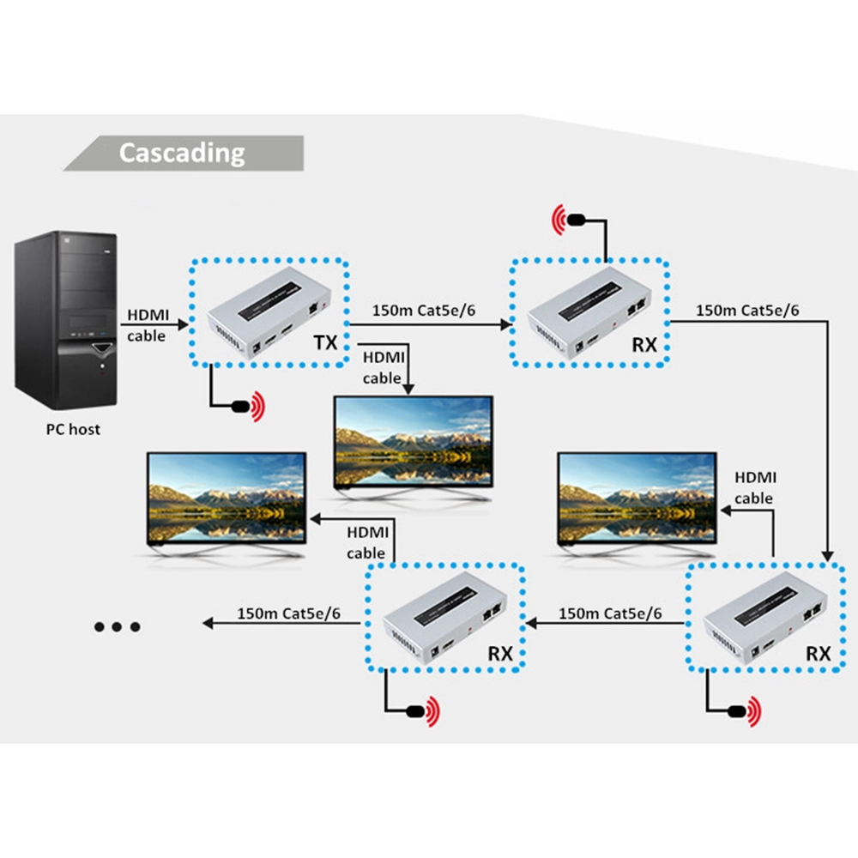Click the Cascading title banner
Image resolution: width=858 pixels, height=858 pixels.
pyautogui.click(x=182, y=153)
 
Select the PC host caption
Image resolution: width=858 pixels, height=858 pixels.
pyautogui.click(x=73, y=429)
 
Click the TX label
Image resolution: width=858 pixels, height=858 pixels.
pyautogui.click(x=325, y=344)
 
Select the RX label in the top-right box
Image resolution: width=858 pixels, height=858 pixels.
pyautogui.click(x=644, y=345)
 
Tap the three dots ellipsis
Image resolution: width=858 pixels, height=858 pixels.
pyautogui.click(x=117, y=627)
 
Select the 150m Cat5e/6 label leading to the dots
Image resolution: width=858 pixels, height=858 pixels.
pyautogui.click(x=288, y=613)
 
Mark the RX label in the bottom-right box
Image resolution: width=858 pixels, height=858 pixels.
pyautogui.click(x=819, y=653)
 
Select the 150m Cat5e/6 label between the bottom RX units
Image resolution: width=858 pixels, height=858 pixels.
pyautogui.click(x=610, y=613)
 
